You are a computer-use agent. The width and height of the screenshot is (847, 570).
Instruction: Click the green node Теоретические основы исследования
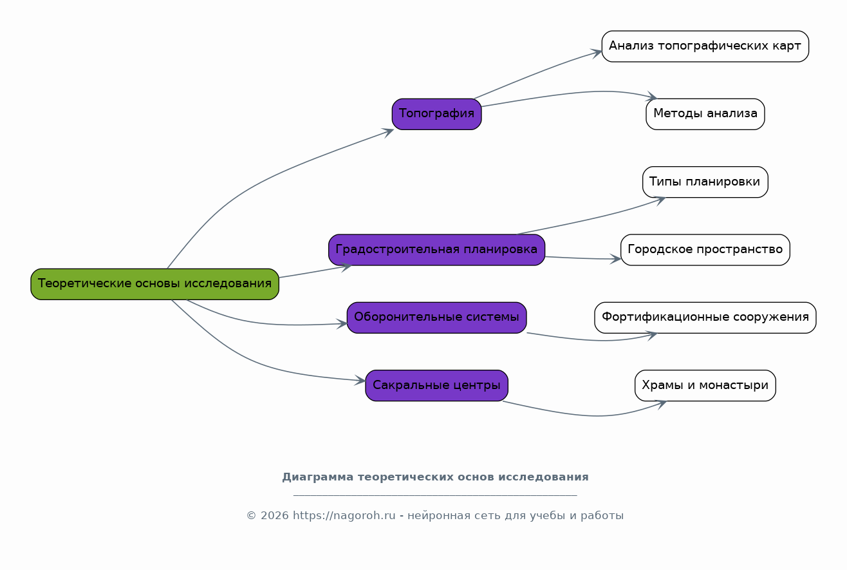(154, 284)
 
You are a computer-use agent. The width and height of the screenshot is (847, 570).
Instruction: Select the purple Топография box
(437, 114)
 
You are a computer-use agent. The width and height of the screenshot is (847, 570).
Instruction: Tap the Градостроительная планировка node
(437, 250)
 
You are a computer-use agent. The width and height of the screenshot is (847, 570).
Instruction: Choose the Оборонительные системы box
(437, 318)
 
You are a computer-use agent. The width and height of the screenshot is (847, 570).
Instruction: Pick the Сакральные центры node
(437, 386)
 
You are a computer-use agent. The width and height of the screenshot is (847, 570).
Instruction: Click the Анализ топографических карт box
(705, 46)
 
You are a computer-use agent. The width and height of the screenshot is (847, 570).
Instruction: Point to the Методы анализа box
(705, 114)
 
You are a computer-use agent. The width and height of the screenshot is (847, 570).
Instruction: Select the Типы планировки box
(705, 182)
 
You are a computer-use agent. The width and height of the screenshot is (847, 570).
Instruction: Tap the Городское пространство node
(705, 250)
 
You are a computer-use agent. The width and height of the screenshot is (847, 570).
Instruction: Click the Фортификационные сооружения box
(705, 318)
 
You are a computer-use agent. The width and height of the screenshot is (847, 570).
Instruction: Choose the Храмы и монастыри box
(705, 386)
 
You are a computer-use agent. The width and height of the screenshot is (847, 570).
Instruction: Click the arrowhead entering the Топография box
(388, 133)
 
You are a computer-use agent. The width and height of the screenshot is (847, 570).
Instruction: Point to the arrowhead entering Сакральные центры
(360, 381)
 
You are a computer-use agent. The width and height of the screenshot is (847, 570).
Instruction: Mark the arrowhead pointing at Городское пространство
(615, 259)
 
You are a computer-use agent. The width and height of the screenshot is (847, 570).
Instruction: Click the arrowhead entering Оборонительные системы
(342, 323)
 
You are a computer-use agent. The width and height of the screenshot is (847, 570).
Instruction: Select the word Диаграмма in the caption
(318, 477)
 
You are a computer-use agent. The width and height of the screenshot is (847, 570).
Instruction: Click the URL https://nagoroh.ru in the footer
(344, 516)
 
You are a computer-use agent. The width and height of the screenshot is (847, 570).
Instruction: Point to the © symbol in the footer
(252, 516)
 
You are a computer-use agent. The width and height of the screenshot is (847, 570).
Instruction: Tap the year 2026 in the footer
(275, 516)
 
